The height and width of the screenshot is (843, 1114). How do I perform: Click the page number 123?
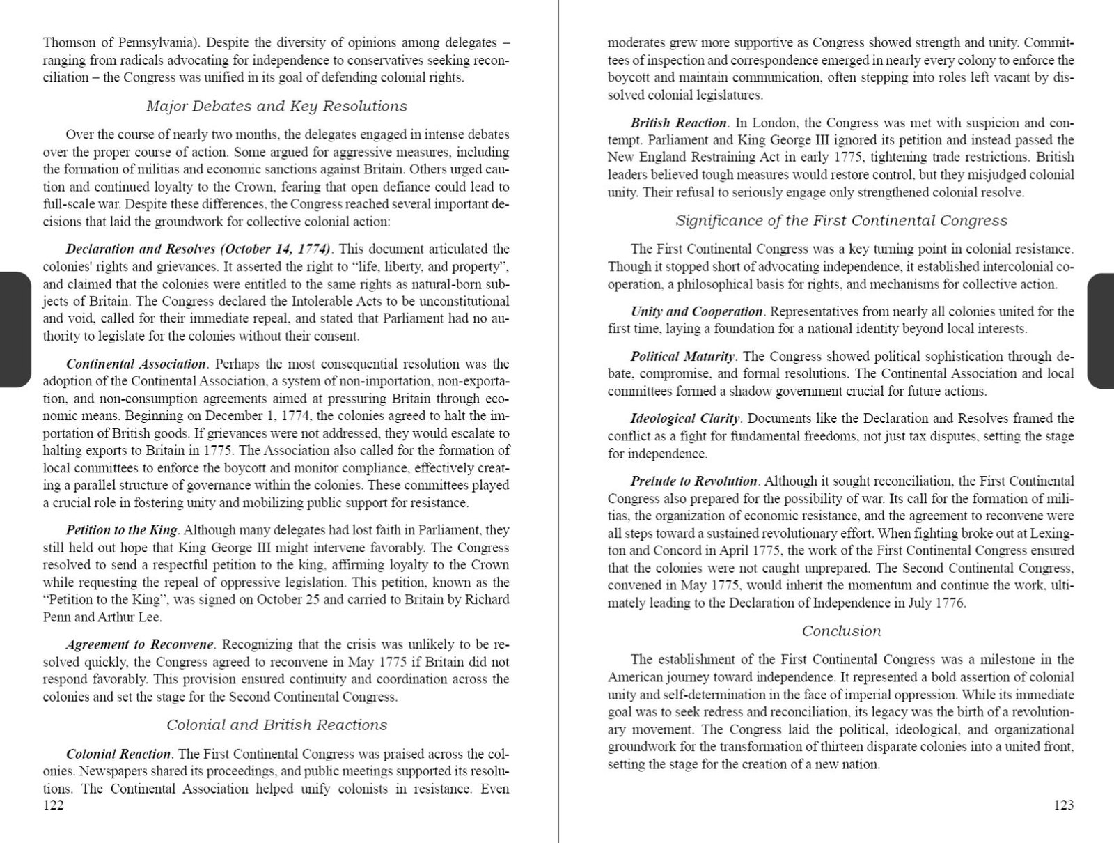tap(1063, 805)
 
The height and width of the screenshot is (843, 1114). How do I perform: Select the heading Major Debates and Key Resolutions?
tap(276, 106)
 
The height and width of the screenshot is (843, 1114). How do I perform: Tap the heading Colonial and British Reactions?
tap(276, 725)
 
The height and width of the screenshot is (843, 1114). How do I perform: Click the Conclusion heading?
tap(841, 631)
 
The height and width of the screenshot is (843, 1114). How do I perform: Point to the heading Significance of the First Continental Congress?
tap(841, 220)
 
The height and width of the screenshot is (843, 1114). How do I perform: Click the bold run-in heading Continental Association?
tap(136, 364)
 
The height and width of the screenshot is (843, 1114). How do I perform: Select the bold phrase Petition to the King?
tap(123, 529)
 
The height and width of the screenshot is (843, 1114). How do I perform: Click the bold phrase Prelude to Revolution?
tap(693, 481)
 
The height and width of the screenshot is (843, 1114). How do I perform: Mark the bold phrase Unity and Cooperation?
tap(696, 311)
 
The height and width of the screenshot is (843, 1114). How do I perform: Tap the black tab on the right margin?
tap(1100, 330)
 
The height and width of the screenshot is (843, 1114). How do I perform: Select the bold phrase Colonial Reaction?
tap(118, 754)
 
